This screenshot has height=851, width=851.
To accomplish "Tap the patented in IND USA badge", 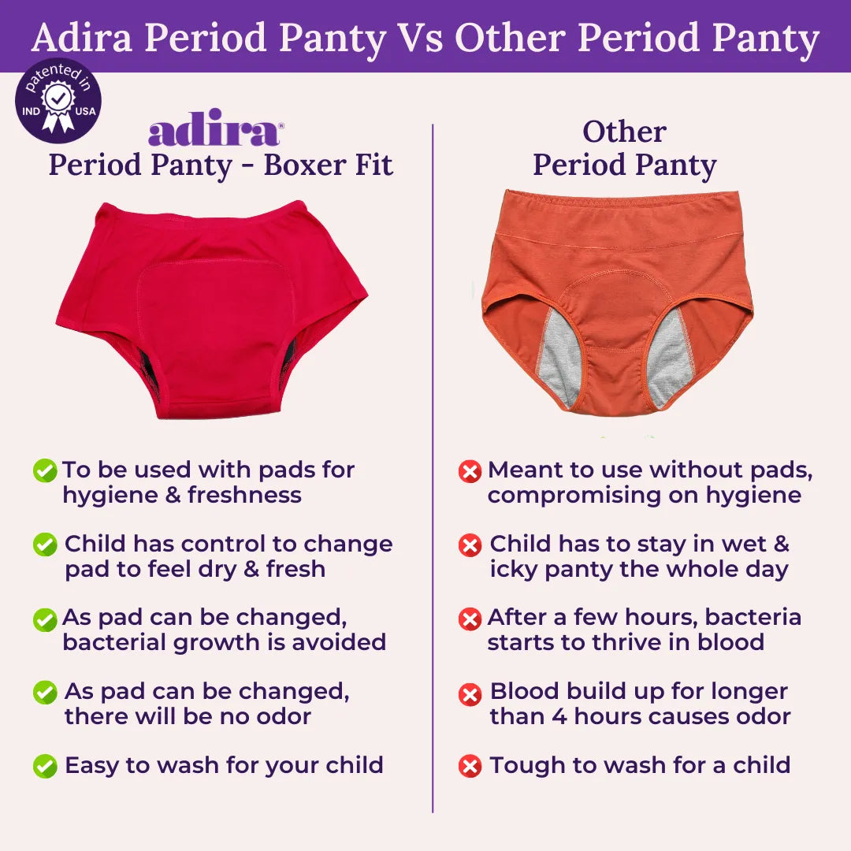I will click(x=58, y=101).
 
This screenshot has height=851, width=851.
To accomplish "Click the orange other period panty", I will click(x=617, y=299).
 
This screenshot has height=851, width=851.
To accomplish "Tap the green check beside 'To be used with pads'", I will click(x=44, y=471).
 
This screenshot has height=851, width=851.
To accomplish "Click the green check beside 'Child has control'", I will click(x=45, y=544).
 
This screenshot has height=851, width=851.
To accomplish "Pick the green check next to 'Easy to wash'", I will click(x=45, y=765).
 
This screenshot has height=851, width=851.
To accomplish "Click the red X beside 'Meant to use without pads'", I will click(x=470, y=472).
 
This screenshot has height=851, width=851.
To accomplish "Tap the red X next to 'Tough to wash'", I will click(x=470, y=766).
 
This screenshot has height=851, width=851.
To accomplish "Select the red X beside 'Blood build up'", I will click(x=470, y=693).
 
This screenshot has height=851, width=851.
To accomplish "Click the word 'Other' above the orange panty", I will click(x=624, y=132).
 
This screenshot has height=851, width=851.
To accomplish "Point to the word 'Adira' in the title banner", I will click(x=84, y=38).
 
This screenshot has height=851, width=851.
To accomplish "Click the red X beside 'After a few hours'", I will click(x=470, y=619).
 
